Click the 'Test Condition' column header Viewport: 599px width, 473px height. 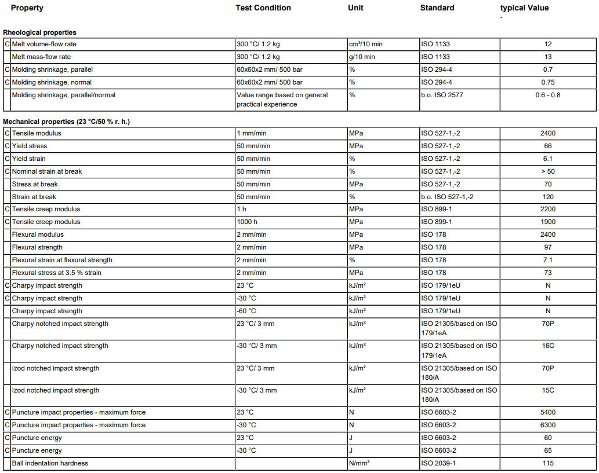[263, 8]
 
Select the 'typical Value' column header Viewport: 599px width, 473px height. [524, 8]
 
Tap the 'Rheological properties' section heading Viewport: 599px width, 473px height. [40, 32]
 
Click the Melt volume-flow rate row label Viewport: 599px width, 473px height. [44, 44]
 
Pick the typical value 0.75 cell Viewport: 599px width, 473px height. [548, 82]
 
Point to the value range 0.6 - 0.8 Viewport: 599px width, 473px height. [548, 95]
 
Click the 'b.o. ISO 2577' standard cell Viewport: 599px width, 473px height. [442, 95]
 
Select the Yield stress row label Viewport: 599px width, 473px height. [30, 146]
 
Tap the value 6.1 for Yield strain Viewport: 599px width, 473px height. [548, 159]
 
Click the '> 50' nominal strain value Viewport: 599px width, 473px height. [548, 171]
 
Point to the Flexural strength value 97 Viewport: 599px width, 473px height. [548, 247]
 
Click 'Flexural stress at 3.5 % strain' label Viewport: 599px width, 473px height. [57, 273]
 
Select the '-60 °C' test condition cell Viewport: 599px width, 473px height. [246, 311]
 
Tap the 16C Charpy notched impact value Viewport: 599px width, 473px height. [548, 346]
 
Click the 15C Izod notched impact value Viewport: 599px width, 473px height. [548, 390]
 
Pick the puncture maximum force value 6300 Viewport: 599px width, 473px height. [548, 425]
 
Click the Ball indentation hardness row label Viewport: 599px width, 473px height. [50, 463]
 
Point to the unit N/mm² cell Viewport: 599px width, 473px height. [360, 463]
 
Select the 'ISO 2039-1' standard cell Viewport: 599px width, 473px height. [438, 463]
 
